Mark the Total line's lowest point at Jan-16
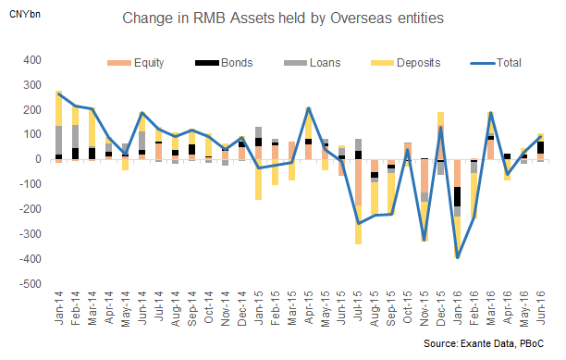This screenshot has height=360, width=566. coord(457,257)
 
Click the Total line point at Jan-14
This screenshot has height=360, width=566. coord(58,93)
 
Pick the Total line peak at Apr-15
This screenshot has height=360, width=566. coord(308,109)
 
